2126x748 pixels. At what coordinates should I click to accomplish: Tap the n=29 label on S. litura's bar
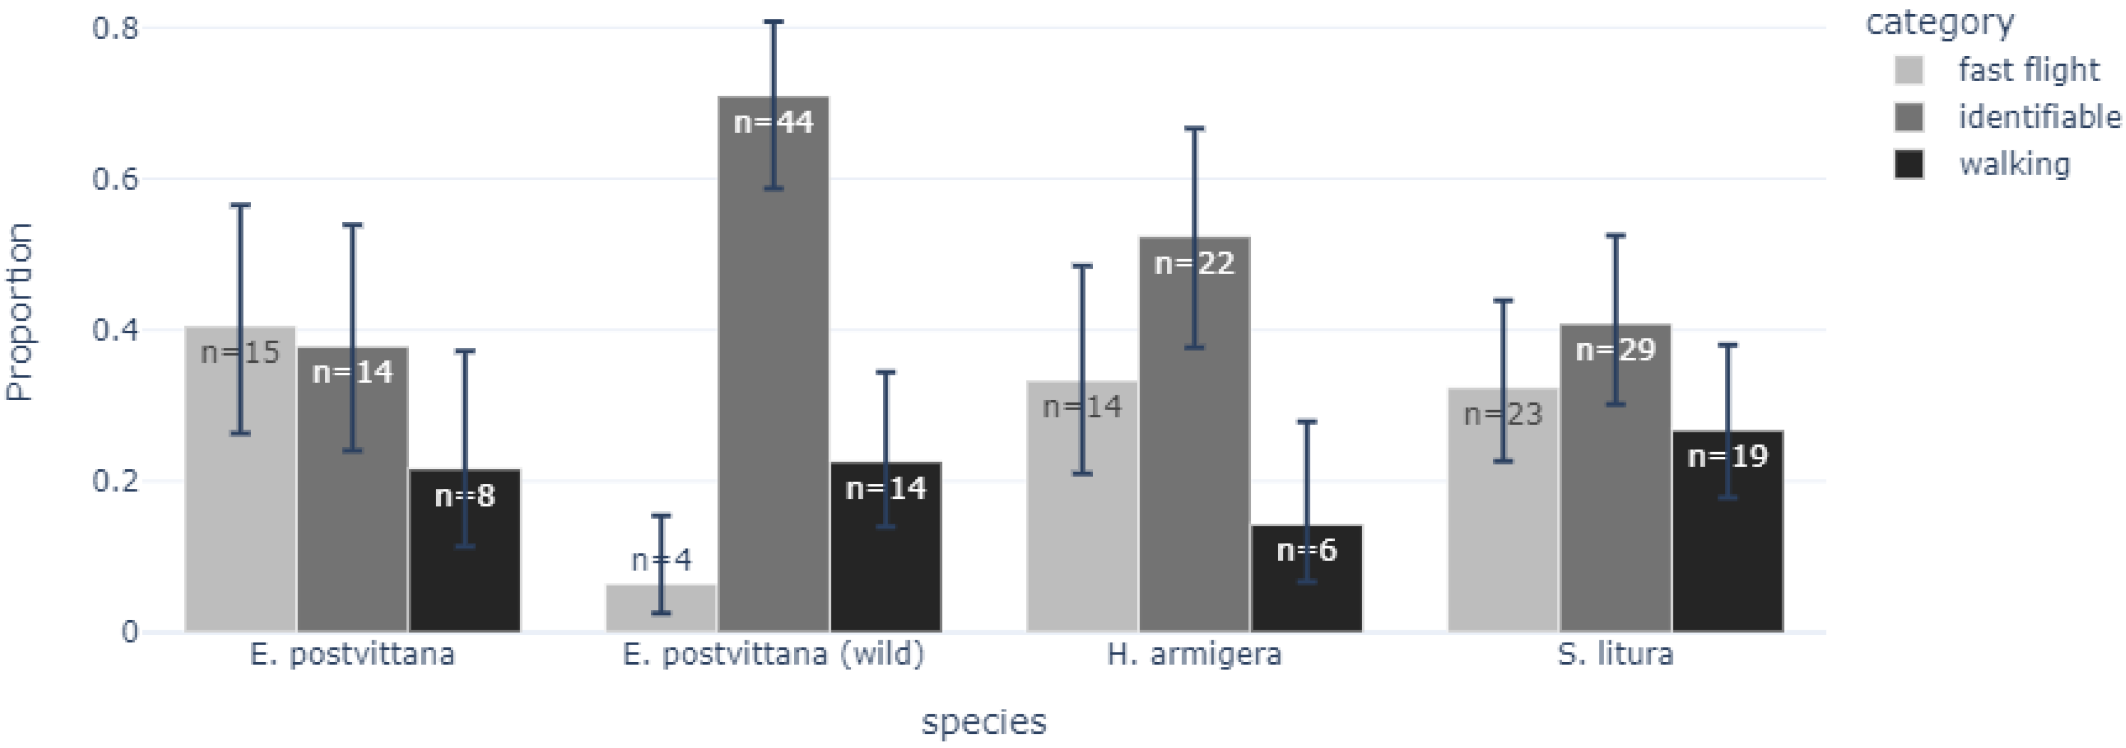[x=1615, y=350]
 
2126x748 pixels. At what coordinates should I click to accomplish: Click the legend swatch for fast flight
[x=1909, y=70]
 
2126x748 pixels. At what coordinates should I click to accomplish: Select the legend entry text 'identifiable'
[x=2038, y=117]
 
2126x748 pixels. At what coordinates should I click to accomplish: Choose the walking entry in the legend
[x=2014, y=165]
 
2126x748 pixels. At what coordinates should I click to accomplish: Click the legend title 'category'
[x=1940, y=23]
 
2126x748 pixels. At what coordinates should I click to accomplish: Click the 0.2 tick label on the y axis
[x=115, y=481]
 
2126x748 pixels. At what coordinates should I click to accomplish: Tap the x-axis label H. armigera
[x=1194, y=654]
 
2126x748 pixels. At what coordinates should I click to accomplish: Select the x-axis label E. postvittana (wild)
[x=773, y=654]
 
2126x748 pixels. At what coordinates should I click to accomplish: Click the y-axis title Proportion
[x=20, y=312]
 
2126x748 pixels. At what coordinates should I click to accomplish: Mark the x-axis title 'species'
[x=984, y=721]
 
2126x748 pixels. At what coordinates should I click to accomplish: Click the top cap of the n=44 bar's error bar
[x=773, y=21]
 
